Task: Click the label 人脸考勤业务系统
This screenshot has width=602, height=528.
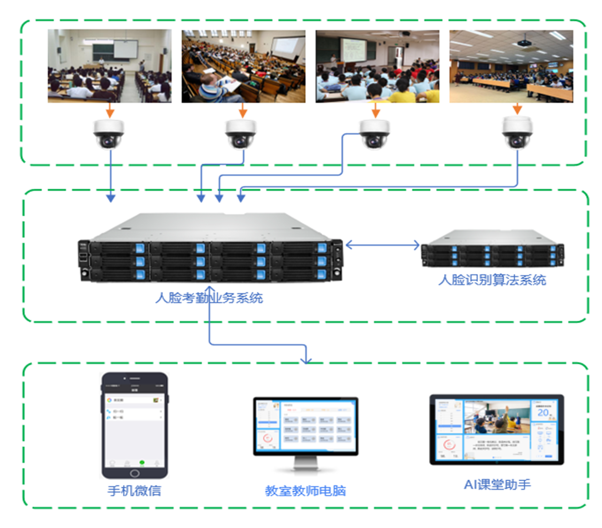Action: click(209, 298)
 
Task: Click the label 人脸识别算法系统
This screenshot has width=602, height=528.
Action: click(492, 280)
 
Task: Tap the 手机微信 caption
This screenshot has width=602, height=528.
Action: click(135, 490)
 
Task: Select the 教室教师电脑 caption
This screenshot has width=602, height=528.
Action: click(305, 490)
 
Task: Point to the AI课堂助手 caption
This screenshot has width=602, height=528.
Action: click(497, 484)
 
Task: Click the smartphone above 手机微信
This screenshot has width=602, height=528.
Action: click(135, 425)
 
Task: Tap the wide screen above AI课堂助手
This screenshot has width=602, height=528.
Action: click(497, 429)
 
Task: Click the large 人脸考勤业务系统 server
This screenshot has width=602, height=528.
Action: click(211, 248)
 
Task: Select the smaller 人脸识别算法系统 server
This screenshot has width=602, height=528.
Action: click(492, 249)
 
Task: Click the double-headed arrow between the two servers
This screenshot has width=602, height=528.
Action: click(383, 245)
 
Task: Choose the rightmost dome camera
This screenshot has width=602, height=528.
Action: click(517, 133)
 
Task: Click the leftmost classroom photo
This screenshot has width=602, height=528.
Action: click(109, 66)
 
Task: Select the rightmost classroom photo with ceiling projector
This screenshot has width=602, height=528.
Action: click(511, 66)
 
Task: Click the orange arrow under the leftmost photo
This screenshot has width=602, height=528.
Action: click(110, 110)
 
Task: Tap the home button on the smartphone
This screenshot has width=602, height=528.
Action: click(135, 473)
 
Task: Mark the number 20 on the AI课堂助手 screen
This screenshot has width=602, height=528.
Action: click(543, 413)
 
